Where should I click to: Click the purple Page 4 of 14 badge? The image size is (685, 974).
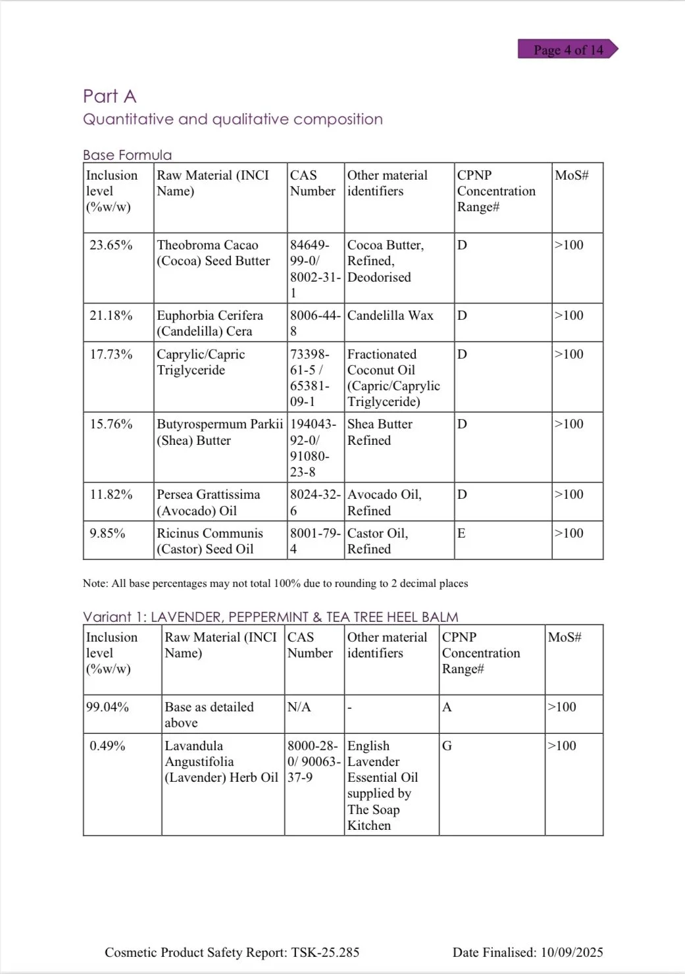568,50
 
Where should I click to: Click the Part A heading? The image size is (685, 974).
109,97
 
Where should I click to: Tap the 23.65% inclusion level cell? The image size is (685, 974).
111,245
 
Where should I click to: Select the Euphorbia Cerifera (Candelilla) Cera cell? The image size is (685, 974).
209,323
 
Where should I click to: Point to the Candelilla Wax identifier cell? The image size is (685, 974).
390,316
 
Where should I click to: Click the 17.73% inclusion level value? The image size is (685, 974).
111,355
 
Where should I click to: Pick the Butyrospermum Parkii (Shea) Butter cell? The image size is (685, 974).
220,432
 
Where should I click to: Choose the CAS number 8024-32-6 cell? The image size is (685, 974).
315,502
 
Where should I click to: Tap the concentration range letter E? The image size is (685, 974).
461,534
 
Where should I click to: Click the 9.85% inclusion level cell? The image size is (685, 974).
107,534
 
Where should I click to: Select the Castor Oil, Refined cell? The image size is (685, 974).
378,541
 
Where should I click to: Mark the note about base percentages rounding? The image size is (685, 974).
275,584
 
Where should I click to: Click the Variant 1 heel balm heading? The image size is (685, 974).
270,617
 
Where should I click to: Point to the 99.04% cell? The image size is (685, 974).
108,707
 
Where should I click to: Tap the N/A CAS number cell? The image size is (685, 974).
299,707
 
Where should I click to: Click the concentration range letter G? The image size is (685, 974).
447,746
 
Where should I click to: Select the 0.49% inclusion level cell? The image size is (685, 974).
107,746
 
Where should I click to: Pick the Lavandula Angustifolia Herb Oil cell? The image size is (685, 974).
221,761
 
